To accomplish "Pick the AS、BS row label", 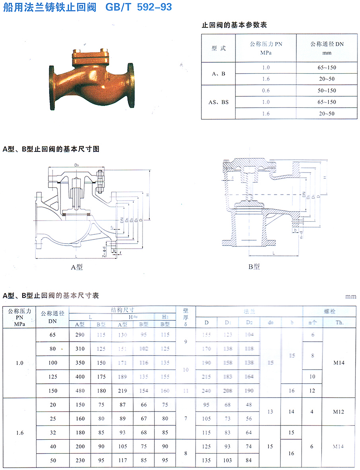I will (x=219, y=102).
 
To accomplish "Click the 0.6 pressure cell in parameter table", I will (x=265, y=90).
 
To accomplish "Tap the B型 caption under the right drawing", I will (x=254, y=266).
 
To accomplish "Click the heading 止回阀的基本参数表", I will (x=234, y=25).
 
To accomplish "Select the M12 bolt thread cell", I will (x=339, y=412).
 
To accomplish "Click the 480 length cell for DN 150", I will (x=80, y=390).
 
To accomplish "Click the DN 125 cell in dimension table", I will (x=53, y=377).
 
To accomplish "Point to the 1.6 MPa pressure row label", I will (x=19, y=433).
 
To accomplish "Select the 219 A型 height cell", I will (x=122, y=390).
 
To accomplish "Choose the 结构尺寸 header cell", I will (x=122, y=310).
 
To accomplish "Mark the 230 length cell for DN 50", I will (x=80, y=460).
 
